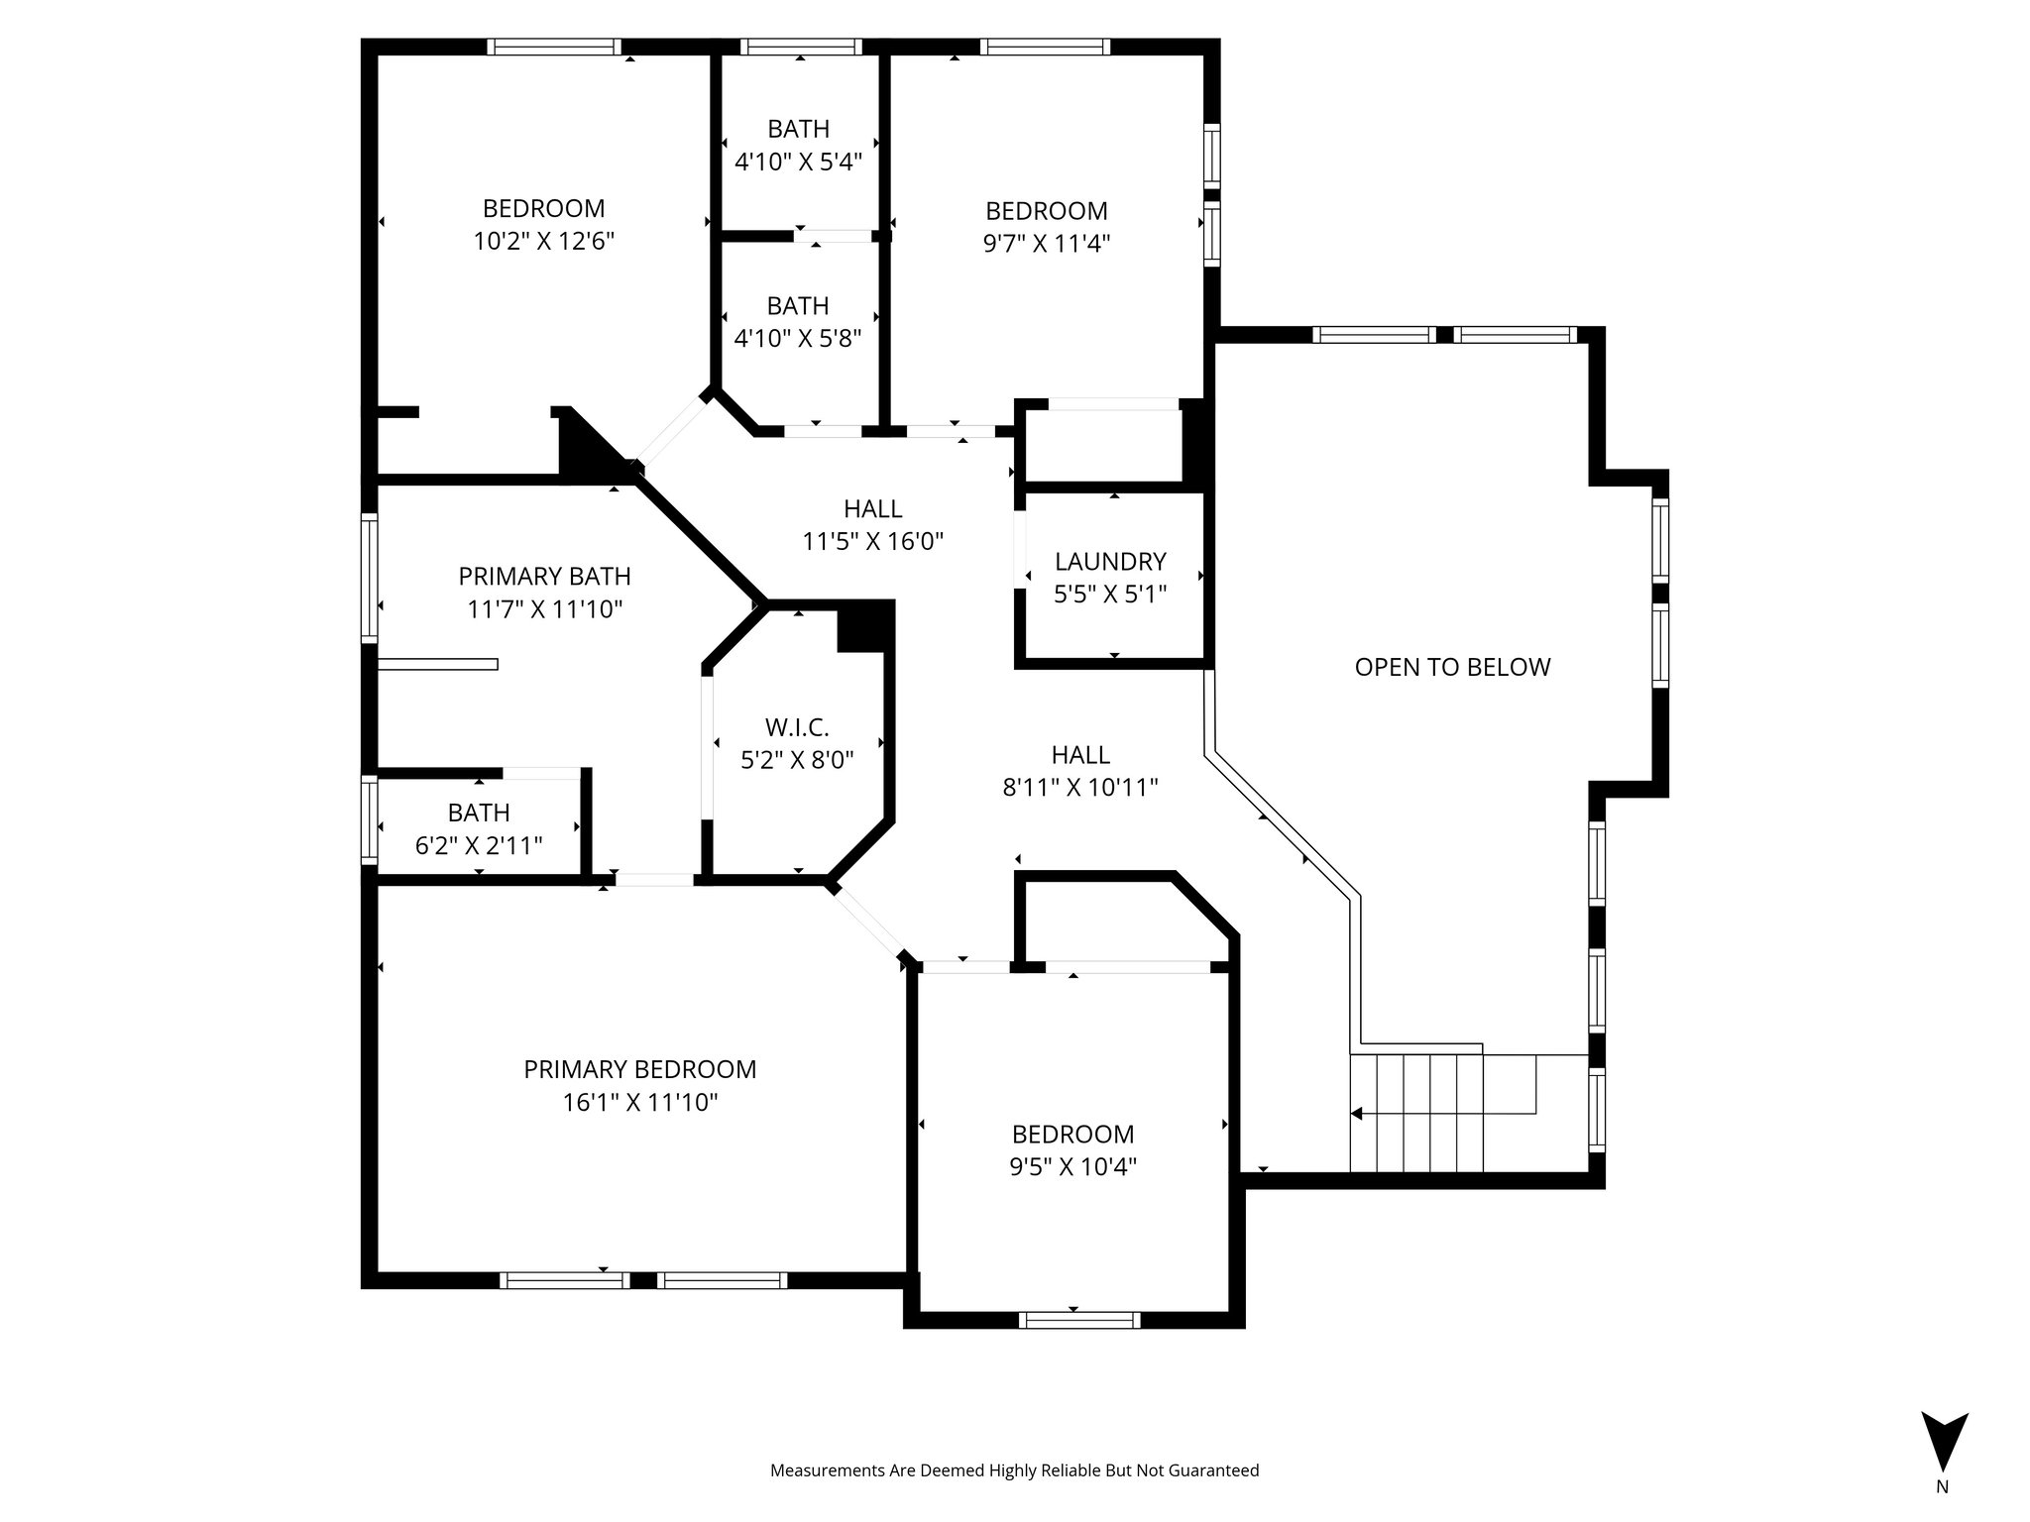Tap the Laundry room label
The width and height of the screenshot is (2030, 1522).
click(1110, 562)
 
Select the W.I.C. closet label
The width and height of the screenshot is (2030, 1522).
click(797, 728)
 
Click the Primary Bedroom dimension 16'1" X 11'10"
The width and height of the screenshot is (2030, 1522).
click(639, 1102)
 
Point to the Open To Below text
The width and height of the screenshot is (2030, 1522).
click(1452, 667)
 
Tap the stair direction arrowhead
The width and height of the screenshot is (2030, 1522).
click(1357, 1114)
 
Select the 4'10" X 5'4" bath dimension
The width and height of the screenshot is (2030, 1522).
click(798, 161)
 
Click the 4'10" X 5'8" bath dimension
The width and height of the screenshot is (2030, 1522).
click(798, 338)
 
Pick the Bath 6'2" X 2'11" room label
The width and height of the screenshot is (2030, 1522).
click(479, 814)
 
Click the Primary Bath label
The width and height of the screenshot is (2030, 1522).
click(544, 576)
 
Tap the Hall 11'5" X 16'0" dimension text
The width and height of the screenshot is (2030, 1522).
click(872, 541)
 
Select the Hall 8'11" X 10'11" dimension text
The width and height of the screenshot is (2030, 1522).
click(1080, 787)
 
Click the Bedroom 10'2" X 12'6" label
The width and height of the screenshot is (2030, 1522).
click(543, 209)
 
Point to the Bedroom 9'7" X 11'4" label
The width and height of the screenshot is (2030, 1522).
click(1046, 211)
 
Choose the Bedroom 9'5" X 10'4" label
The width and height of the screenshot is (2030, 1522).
click(1072, 1134)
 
